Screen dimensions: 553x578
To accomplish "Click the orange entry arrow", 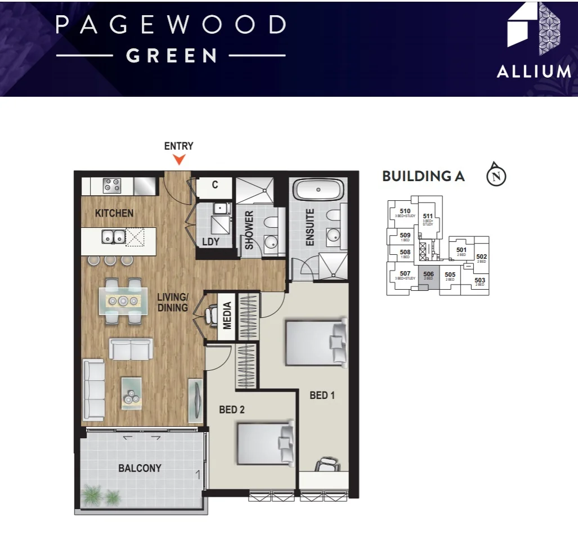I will point(179,159).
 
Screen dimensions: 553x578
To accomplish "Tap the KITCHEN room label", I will point(114,213).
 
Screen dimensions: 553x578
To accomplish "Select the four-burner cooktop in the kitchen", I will point(111,185).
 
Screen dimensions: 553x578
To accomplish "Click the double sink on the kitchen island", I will point(113,237).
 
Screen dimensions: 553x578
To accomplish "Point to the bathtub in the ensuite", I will point(318,190).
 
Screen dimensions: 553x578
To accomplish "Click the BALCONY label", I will point(140,468).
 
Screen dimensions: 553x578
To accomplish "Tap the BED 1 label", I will point(322,395).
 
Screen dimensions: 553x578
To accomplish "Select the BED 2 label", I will point(232,410).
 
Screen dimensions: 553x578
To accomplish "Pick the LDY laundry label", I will point(210,242).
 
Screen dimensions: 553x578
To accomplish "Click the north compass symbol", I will point(496,175).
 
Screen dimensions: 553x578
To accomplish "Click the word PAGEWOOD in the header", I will point(171,25).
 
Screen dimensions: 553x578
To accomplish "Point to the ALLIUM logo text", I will point(534,71).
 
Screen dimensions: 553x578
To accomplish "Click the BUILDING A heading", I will point(423,176).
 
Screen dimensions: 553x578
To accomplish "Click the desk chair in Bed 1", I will point(328,465).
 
